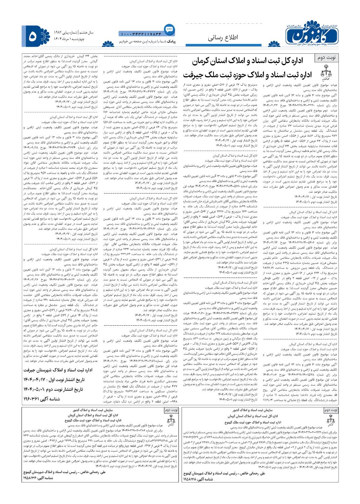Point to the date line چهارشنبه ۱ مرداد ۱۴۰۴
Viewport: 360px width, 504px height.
(73, 39)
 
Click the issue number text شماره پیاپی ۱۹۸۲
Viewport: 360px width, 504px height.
(66, 33)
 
